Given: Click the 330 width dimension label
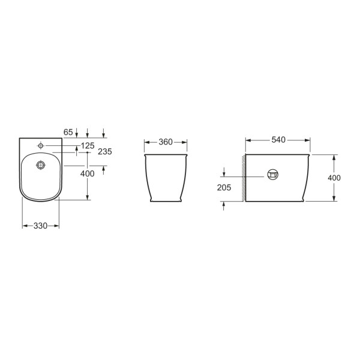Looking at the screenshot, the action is point(40,226).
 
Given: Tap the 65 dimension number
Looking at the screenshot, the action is point(68,132).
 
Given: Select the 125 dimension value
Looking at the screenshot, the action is point(88,146).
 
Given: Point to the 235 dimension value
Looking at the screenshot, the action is point(105,152).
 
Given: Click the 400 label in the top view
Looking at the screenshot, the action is point(87,173).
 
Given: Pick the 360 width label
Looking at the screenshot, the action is point(166,142).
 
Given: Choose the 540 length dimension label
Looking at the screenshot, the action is point(278,140).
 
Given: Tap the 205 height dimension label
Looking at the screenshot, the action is point(224,188).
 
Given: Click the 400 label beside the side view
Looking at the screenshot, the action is point(334,178).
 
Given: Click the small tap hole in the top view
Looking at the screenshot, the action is point(41,146).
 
